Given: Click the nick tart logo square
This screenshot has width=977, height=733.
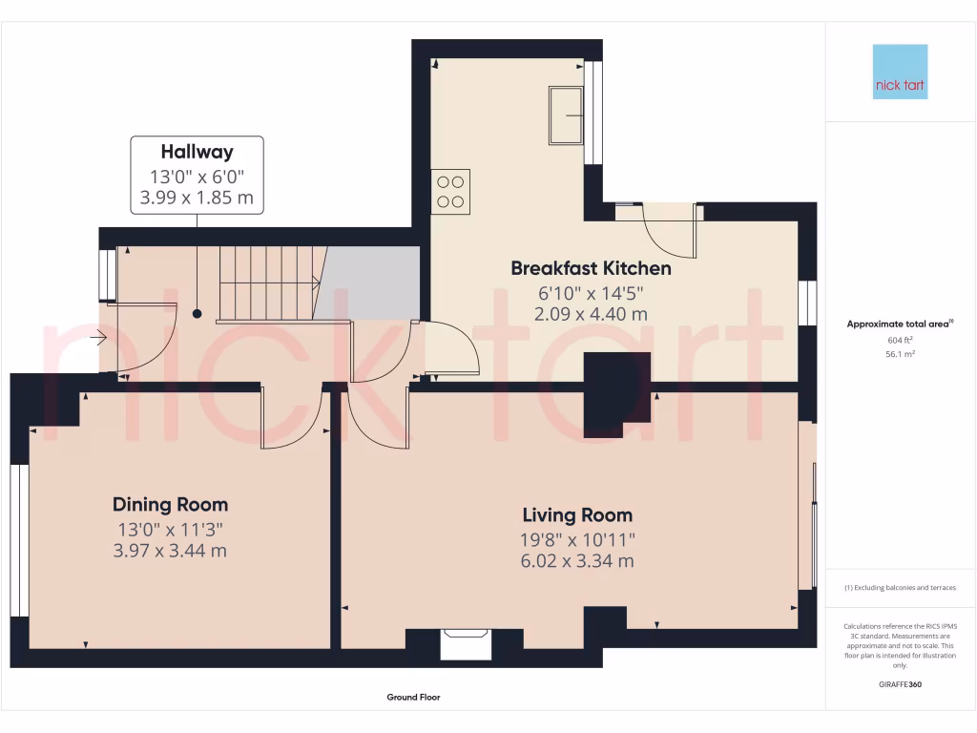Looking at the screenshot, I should point(900,72).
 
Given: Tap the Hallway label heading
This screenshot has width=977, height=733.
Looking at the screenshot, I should point(197,152).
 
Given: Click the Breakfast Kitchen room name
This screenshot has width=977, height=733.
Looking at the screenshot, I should point(591,268).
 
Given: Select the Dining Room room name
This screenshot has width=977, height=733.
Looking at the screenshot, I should point(170,505).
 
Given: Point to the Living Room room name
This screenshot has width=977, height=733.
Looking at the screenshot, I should point(576,515).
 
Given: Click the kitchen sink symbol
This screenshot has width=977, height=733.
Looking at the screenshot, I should point(566,115).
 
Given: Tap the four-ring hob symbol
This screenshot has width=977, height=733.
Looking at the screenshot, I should point(450,190).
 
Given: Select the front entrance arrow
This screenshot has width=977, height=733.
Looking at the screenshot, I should point(97,336).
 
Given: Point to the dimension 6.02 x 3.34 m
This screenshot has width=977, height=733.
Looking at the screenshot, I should point(576,561).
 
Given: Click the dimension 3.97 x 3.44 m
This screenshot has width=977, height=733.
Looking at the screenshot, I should point(170,551).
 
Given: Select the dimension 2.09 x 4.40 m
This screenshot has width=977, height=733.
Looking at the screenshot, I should point(591,313).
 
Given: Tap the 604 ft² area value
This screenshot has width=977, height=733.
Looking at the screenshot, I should point(900,340).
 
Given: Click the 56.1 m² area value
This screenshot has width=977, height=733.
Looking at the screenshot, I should point(900,353).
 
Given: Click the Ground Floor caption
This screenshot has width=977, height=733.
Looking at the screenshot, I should point(413,698).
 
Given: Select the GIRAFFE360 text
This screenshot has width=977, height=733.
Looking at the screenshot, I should point(900,684).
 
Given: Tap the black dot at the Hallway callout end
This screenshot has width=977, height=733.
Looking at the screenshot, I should point(197,313).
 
